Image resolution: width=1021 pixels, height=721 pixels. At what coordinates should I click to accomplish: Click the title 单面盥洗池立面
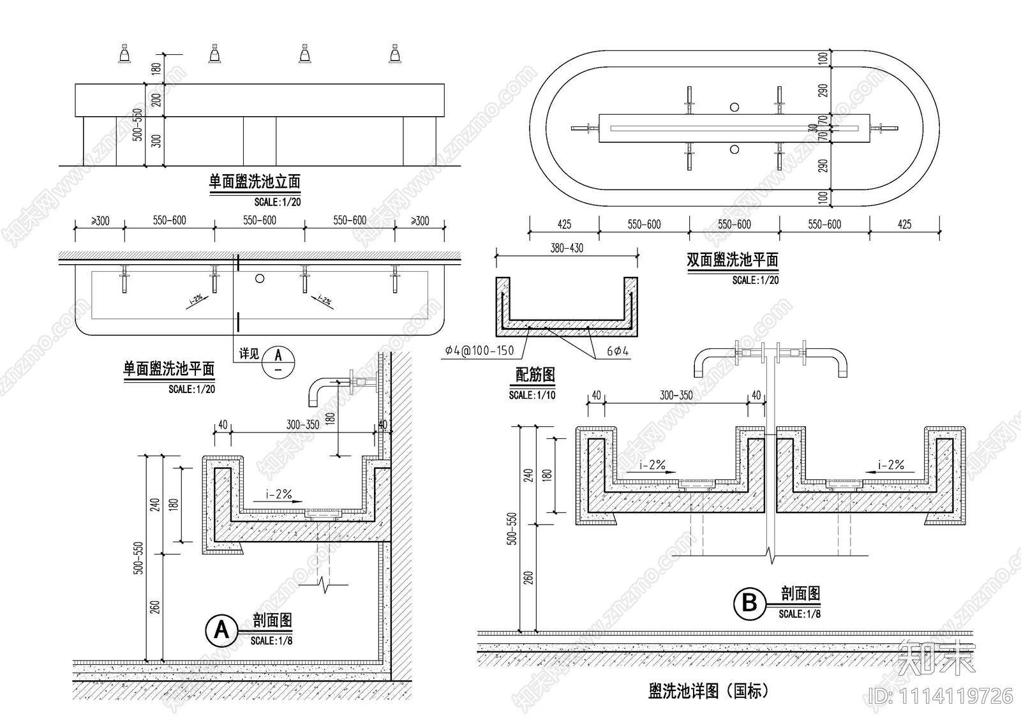(x=255, y=182)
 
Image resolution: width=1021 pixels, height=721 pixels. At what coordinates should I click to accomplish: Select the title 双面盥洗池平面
(x=732, y=260)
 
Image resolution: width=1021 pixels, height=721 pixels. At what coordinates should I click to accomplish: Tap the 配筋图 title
(x=535, y=375)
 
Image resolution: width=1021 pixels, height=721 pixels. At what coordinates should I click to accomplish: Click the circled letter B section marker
(x=749, y=603)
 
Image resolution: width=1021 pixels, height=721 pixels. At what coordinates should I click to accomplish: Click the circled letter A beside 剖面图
(x=221, y=630)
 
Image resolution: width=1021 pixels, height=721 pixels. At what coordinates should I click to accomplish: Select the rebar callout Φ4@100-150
(x=480, y=351)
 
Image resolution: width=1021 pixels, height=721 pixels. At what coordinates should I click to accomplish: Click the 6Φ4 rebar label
(x=618, y=351)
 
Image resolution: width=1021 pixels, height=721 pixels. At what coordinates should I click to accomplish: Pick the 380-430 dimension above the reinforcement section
(x=567, y=248)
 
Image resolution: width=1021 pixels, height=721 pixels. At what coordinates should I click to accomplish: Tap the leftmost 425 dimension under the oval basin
(x=564, y=225)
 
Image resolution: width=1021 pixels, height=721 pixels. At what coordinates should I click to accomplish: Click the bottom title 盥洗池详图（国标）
(x=708, y=690)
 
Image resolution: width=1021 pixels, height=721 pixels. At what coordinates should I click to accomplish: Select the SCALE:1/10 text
(x=532, y=396)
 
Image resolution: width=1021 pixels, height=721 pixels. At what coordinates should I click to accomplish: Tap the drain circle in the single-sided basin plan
(x=259, y=278)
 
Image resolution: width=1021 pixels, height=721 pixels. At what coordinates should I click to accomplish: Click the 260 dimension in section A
(x=155, y=607)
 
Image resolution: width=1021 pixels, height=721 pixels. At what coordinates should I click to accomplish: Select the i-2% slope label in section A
(x=279, y=494)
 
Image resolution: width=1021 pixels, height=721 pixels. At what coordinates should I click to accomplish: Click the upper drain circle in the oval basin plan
(x=734, y=107)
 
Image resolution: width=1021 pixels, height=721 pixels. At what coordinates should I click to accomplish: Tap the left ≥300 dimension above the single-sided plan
(x=100, y=221)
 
